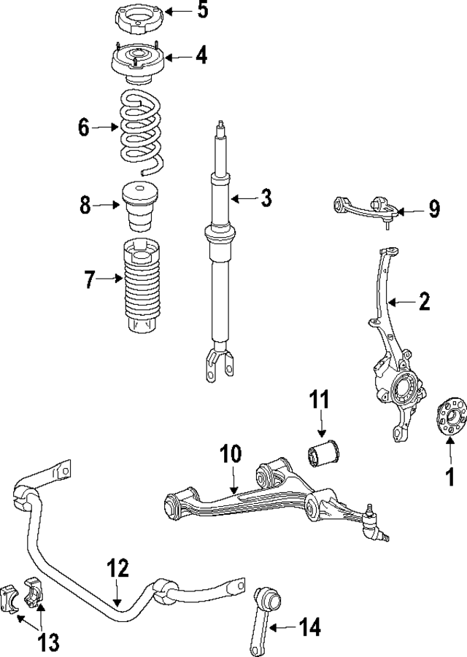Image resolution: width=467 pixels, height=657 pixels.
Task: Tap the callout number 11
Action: [319, 400]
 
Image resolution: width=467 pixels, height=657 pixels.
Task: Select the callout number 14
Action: [309, 626]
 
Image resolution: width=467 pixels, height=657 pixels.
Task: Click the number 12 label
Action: [117, 568]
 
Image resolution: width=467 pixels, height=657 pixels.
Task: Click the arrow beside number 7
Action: [111, 279]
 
